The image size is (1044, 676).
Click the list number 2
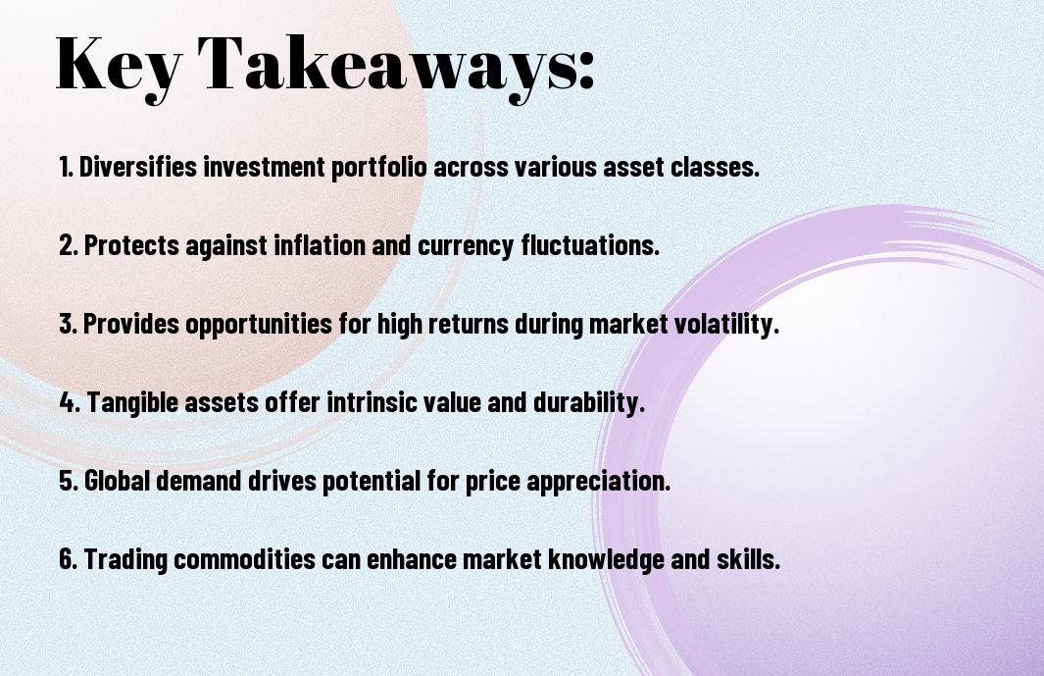pyautogui.click(x=68, y=245)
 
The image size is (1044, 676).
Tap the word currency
pyautogui.click(x=466, y=246)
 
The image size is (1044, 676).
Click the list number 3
pyautogui.click(x=68, y=324)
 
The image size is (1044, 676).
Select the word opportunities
pyautogui.click(x=259, y=325)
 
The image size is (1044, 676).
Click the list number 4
pyautogui.click(x=70, y=402)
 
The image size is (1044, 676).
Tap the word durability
pyautogui.click(x=589, y=402)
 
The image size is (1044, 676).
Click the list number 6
pyautogui.click(x=68, y=558)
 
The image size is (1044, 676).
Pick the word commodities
pyautogui.click(x=244, y=558)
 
